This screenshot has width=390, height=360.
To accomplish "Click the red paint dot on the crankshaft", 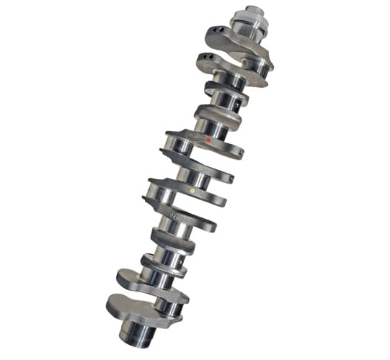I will point(208,140).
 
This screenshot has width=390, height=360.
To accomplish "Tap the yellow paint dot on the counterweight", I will point(191,190).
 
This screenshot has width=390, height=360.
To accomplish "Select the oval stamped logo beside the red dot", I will point(195,136).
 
